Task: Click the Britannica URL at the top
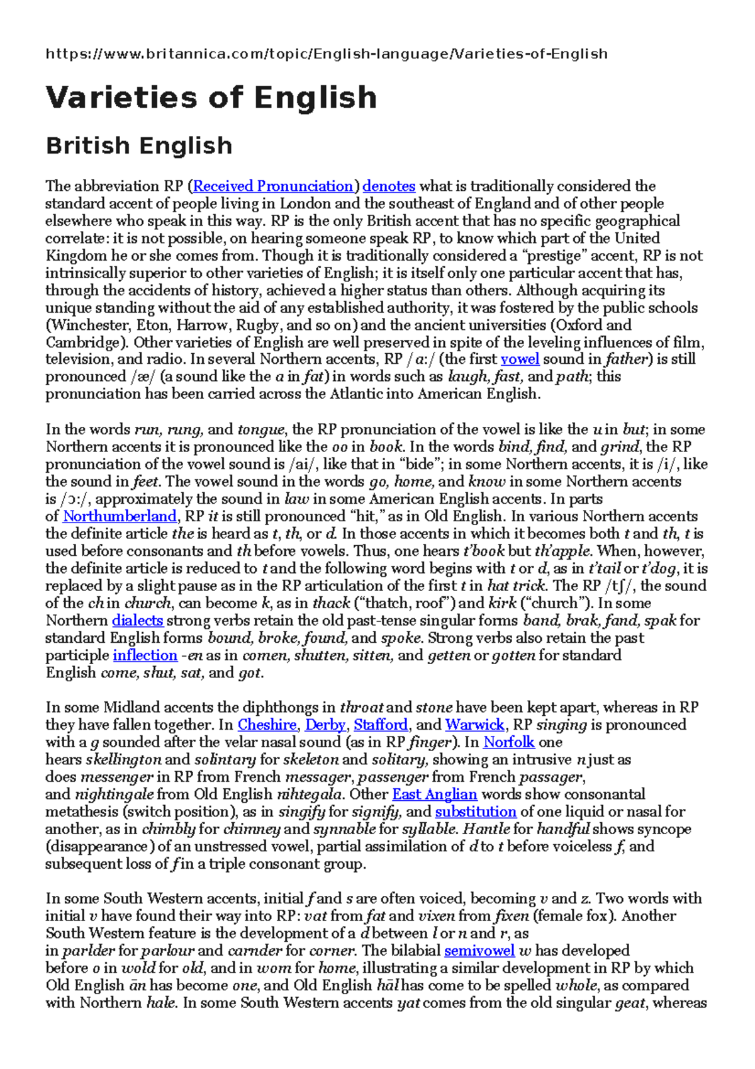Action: [x=327, y=54]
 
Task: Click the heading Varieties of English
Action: [x=211, y=98]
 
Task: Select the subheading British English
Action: [x=139, y=146]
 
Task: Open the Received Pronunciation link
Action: [x=273, y=186]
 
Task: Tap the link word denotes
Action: [x=389, y=186]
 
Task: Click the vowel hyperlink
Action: [x=520, y=359]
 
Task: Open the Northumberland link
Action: [x=120, y=517]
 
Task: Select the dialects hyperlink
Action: [x=138, y=621]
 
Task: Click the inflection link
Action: [x=145, y=655]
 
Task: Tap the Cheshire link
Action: [x=267, y=725]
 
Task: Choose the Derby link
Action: [x=325, y=725]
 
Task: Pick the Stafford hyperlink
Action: [x=381, y=725]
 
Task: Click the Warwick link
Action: [x=474, y=725]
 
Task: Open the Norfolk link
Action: [x=508, y=742]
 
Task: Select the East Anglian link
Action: [x=434, y=795]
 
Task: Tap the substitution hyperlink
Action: [x=475, y=812]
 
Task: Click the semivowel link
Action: [x=479, y=951]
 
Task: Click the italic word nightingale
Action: [x=115, y=795]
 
